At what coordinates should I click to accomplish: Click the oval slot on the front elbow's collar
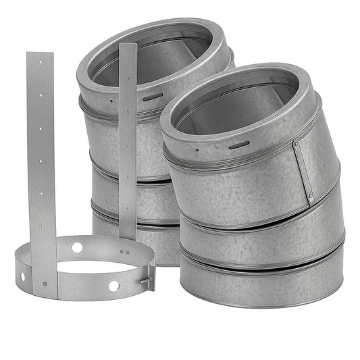pos(238,145)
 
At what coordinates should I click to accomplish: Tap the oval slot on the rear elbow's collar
pos(152,97)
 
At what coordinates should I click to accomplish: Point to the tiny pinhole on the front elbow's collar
pos(197,150)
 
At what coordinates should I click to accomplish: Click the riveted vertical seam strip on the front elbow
pos(303,172)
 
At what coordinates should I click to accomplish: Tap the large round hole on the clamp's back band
pos(77,248)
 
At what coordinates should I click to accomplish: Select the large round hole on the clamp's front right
pos(113,286)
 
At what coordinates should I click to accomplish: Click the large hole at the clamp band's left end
pos(22,276)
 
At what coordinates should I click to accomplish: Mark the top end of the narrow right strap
pos(127,47)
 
